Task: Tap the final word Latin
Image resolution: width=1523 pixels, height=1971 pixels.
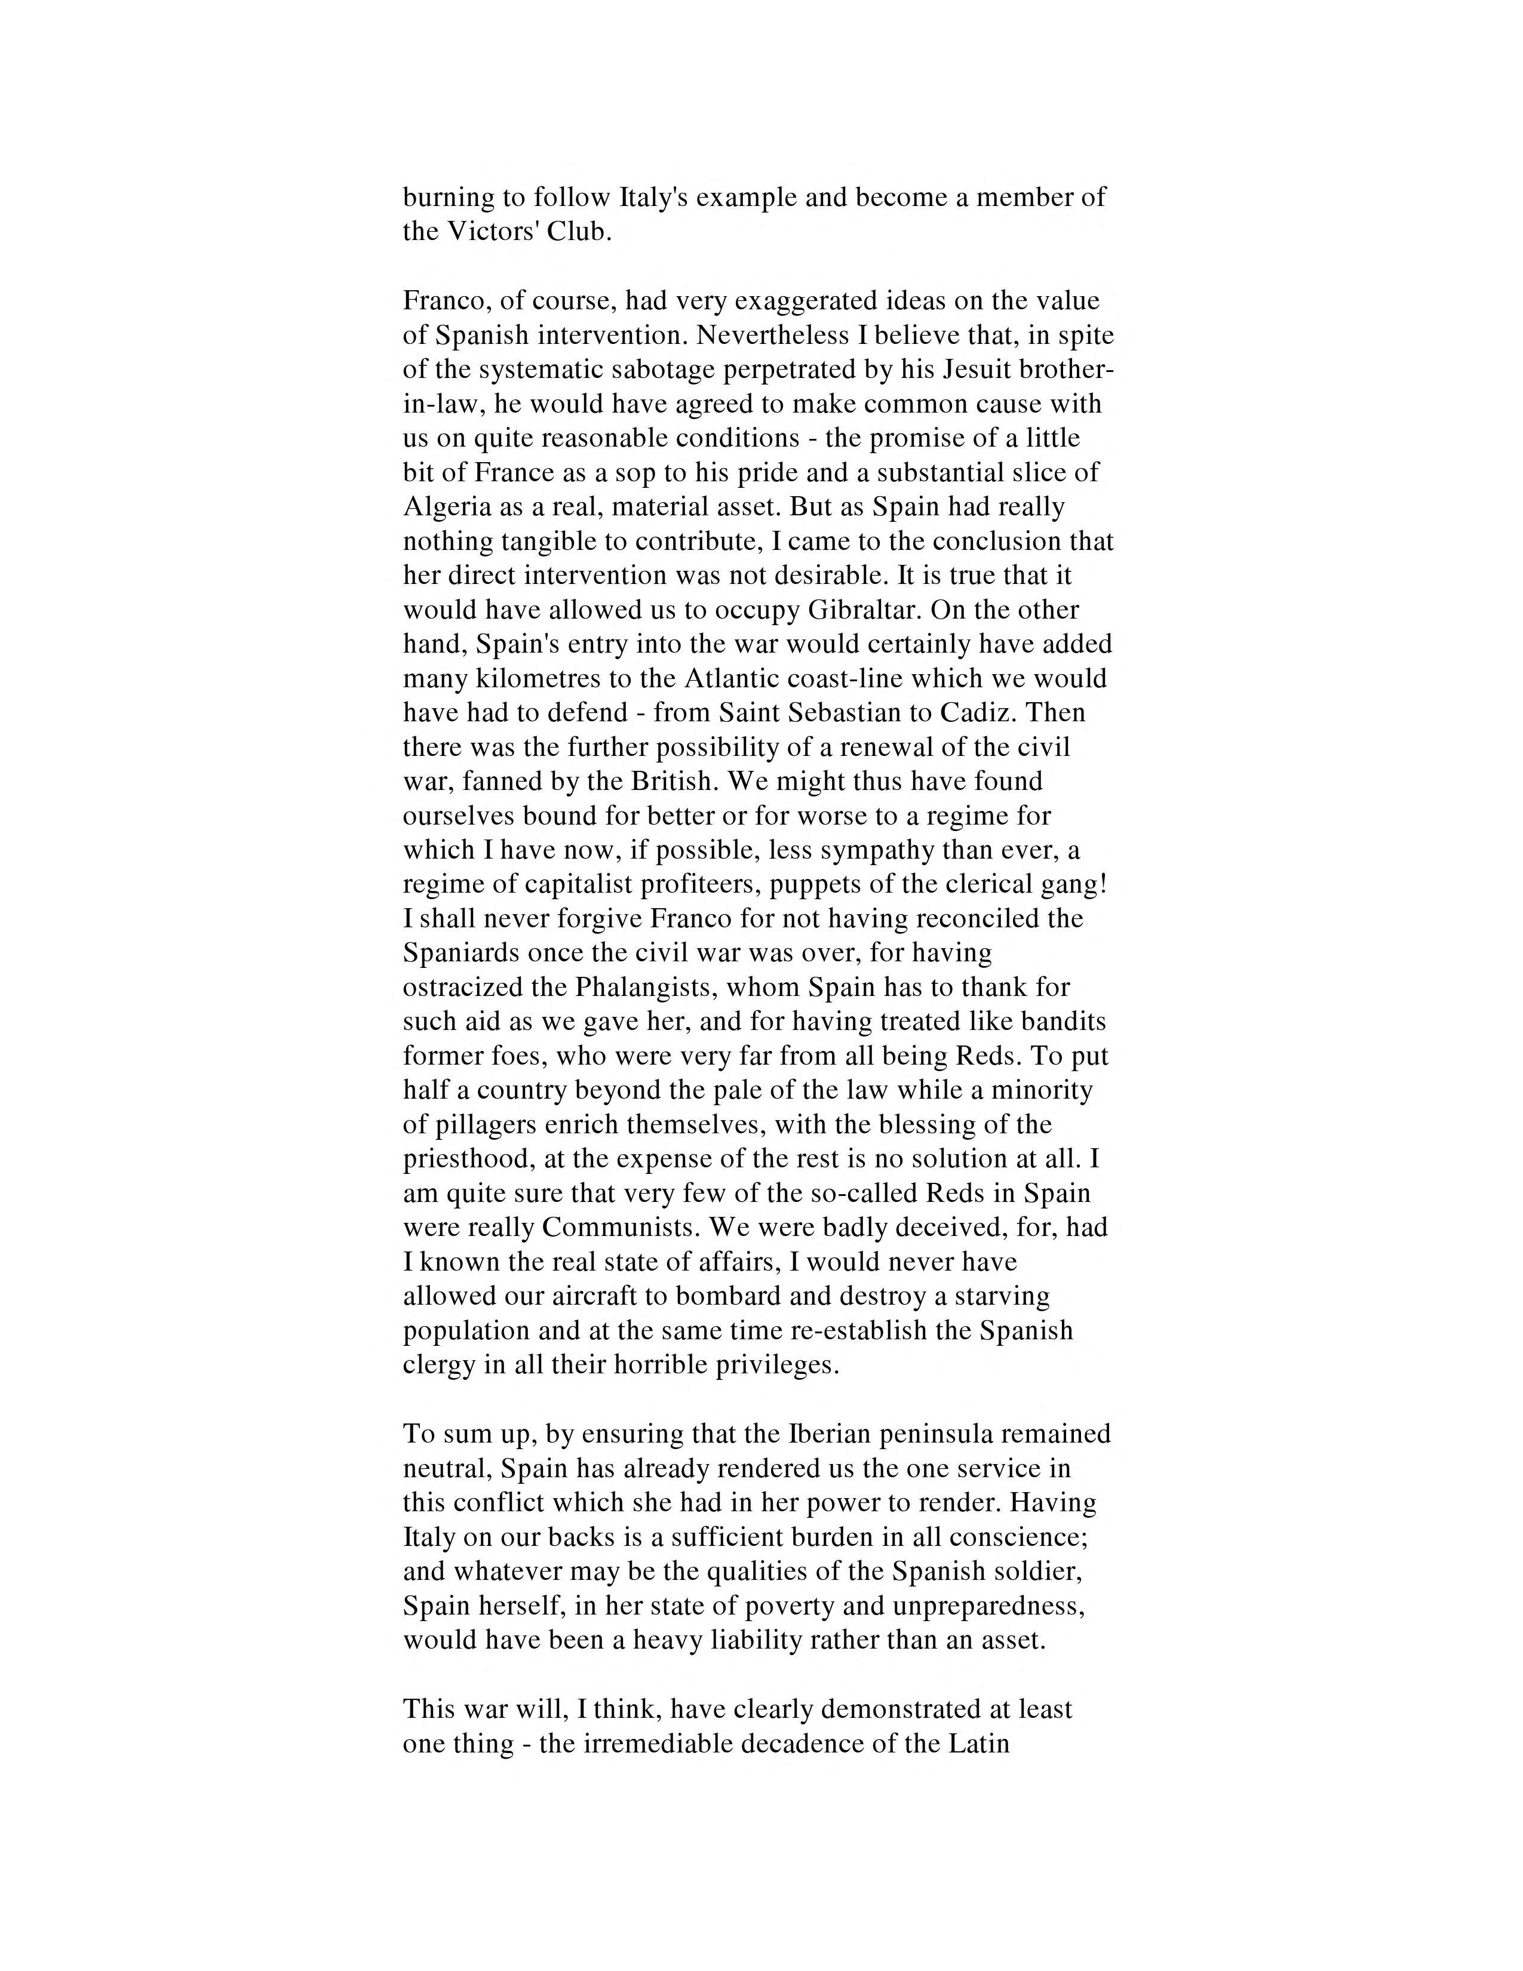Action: point(979,1743)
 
